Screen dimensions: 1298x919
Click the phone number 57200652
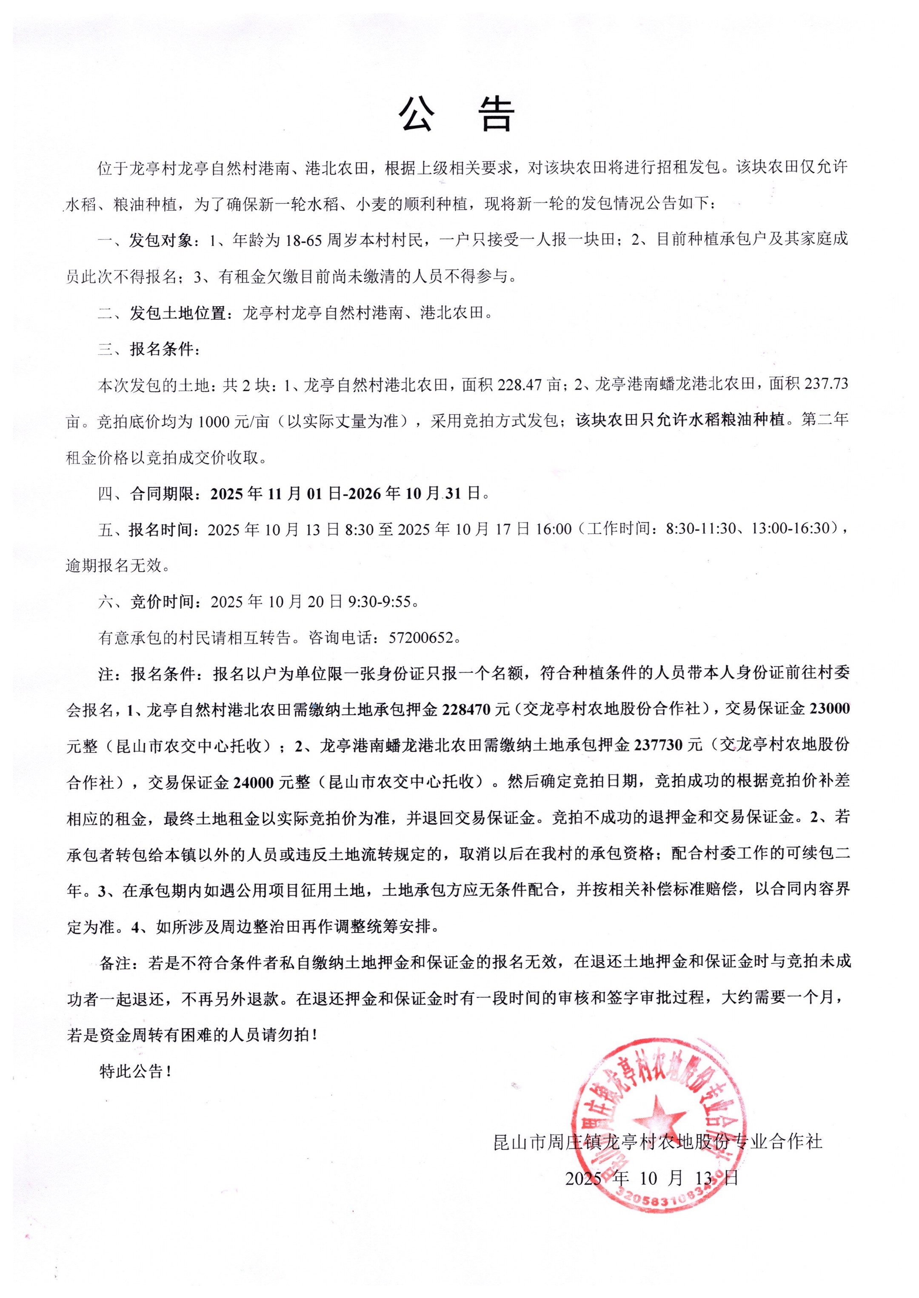point(421,638)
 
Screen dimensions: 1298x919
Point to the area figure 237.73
point(827,384)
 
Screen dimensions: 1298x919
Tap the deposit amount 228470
point(466,709)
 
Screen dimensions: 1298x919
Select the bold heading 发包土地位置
point(178,313)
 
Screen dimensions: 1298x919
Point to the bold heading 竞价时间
point(163,602)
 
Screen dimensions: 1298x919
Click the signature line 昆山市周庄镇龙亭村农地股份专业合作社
point(658,1141)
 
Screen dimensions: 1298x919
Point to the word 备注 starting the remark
point(115,962)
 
